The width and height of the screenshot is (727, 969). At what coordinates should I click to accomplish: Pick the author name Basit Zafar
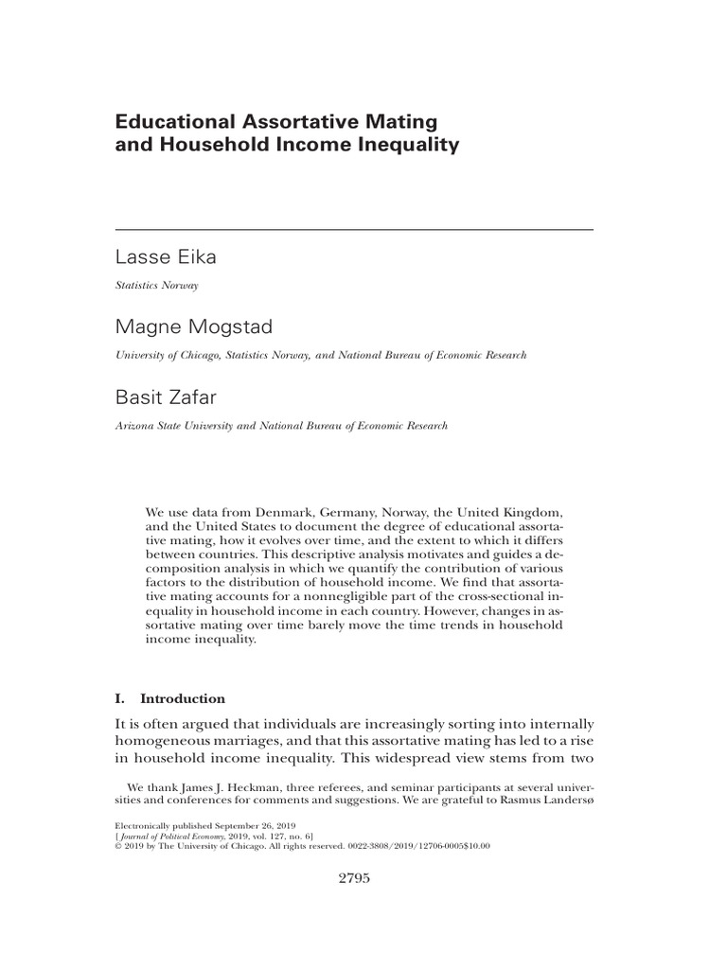point(167,398)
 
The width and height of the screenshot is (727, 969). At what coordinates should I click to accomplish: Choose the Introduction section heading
point(183,699)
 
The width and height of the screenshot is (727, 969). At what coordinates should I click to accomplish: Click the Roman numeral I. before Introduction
point(120,699)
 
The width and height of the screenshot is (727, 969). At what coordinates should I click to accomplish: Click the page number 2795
point(353,878)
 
